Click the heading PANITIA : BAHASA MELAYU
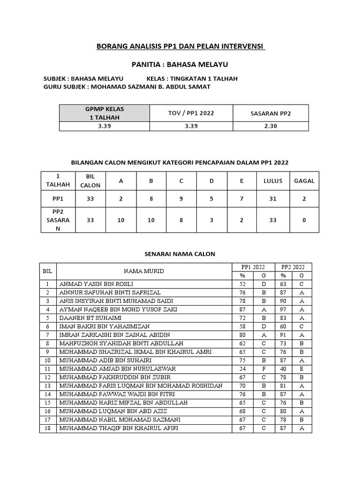pyautogui.click(x=180, y=64)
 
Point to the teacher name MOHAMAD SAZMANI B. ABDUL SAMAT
pyautogui.click(x=150, y=87)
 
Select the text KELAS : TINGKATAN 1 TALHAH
pyautogui.click(x=192, y=78)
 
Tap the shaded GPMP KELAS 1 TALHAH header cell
pyautogui.click(x=104, y=113)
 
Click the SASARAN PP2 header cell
pyautogui.click(x=270, y=113)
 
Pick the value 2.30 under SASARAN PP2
pyautogui.click(x=270, y=126)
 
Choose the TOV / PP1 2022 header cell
pyautogui.click(x=191, y=113)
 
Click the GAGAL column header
pyautogui.click(x=304, y=180)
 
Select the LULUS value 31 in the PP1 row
pyautogui.click(x=273, y=199)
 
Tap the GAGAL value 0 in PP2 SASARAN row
pyautogui.click(x=304, y=220)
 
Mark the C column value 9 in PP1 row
pyautogui.click(x=181, y=199)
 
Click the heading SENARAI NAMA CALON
pyautogui.click(x=180, y=254)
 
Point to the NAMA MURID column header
pyautogui.click(x=144, y=271)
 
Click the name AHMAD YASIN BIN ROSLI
pyautogui.click(x=96, y=284)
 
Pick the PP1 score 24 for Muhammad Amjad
pyautogui.click(x=243, y=368)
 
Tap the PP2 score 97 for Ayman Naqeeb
pyautogui.click(x=283, y=309)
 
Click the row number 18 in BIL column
pyautogui.click(x=47, y=428)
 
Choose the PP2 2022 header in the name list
pyautogui.click(x=293, y=267)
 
